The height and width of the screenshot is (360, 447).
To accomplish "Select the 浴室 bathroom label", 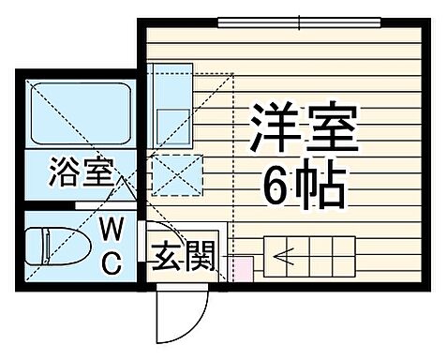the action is pos(81,172).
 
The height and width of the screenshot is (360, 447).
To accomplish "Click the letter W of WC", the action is pos(112,228).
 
